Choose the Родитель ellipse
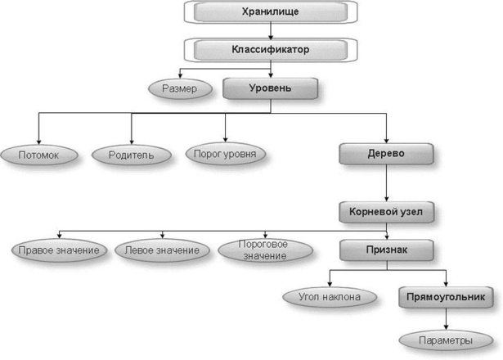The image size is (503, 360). [x=130, y=153]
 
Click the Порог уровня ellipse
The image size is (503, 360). [x=226, y=152]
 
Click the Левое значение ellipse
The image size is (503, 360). [x=163, y=250]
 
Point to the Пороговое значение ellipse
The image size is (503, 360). [x=266, y=250]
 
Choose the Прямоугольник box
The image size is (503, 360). [x=447, y=296]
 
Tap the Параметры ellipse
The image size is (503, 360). [x=446, y=340]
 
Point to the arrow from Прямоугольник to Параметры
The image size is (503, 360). [x=447, y=318]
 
